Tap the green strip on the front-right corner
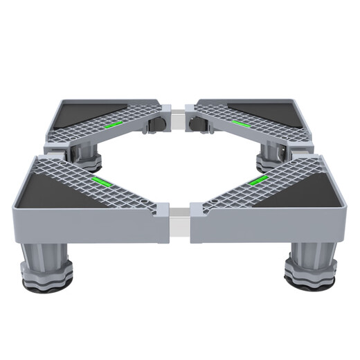click(x=257, y=181)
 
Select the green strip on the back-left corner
click(x=115, y=124)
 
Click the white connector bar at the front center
click(x=179, y=223)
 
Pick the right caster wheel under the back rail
click(x=201, y=127)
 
